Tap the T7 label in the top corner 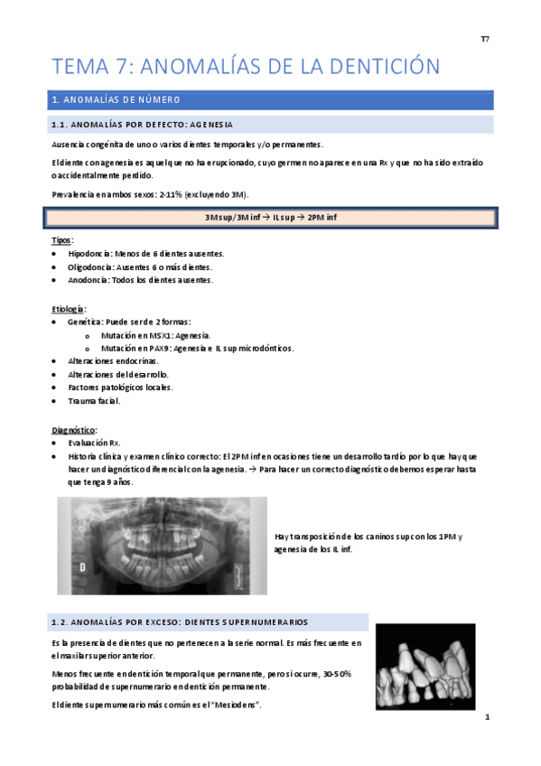[x=484, y=39]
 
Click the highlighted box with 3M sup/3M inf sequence [x=269, y=218]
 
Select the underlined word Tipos [x=61, y=240]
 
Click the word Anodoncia [x=89, y=280]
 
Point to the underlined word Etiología [x=68, y=307]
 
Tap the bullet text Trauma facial [x=93, y=400]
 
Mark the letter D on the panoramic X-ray [x=82, y=566]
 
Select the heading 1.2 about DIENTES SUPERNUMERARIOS [x=181, y=622]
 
